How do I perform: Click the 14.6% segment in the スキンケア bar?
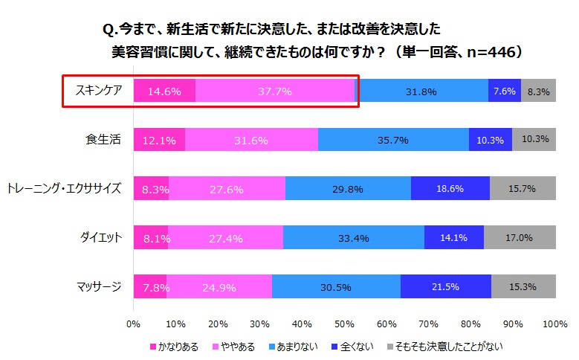(x=164, y=91)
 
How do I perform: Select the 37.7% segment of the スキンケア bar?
(x=274, y=91)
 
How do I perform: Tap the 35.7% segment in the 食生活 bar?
(x=393, y=140)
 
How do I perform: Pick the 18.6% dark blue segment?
(x=450, y=189)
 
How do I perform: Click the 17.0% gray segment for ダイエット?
(x=519, y=238)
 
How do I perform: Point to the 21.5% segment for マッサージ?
(x=445, y=287)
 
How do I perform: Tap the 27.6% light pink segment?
(x=227, y=189)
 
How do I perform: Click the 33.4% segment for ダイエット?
(x=353, y=238)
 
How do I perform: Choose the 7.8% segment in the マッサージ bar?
(x=150, y=287)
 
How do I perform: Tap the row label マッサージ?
(x=98, y=287)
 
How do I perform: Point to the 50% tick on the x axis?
(x=344, y=324)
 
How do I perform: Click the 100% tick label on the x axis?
(x=554, y=324)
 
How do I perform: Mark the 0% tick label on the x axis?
(x=134, y=324)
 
